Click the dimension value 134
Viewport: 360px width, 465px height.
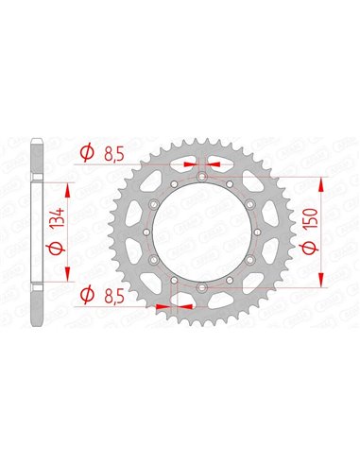[x=60, y=217]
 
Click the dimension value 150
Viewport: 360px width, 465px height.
[x=310, y=218]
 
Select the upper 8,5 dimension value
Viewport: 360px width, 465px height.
[x=114, y=155]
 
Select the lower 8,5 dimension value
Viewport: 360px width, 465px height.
[x=114, y=297]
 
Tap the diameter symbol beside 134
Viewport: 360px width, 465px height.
[x=58, y=248]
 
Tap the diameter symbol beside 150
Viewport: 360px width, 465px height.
[x=310, y=248]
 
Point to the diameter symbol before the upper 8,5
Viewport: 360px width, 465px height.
[x=87, y=153]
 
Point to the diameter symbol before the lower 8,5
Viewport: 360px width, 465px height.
[x=87, y=295]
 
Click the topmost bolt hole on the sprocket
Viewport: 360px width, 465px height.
[x=202, y=177]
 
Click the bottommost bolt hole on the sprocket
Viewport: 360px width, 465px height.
[x=202, y=287]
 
